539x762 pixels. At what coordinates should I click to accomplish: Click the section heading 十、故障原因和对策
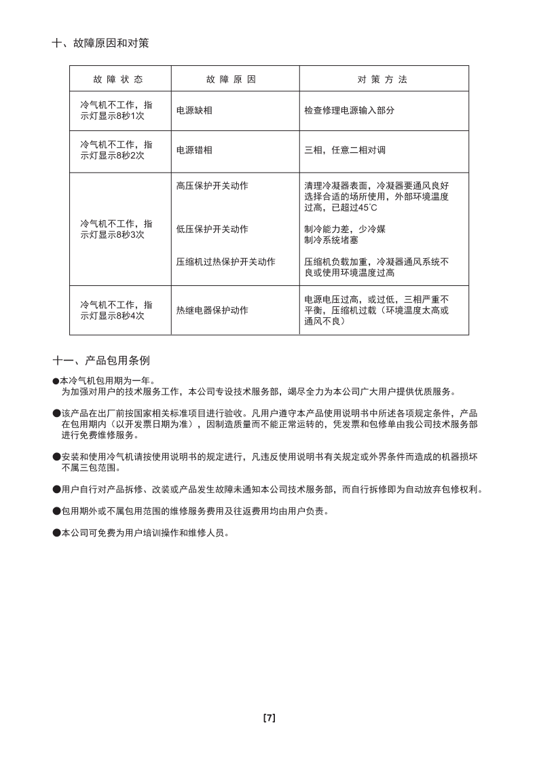(100, 43)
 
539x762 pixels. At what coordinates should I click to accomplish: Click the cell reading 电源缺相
(194, 110)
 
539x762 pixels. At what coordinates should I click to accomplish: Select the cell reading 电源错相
(194, 150)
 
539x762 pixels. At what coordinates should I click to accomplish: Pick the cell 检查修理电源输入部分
(349, 110)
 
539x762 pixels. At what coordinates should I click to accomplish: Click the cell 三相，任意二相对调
(345, 150)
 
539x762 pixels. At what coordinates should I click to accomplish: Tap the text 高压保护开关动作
(212, 185)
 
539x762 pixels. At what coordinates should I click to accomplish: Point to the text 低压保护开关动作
(212, 229)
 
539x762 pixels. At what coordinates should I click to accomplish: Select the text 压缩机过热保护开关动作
(225, 261)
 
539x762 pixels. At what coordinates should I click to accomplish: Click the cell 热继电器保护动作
(212, 310)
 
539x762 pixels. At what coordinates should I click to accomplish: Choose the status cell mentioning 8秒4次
(116, 310)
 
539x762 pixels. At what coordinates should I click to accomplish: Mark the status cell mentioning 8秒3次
(116, 229)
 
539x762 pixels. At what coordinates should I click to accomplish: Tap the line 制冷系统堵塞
(331, 240)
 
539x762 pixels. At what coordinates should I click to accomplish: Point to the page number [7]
(269, 718)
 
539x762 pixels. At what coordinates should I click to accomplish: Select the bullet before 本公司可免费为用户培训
(57, 533)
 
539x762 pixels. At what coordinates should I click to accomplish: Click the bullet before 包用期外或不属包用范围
(57, 511)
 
